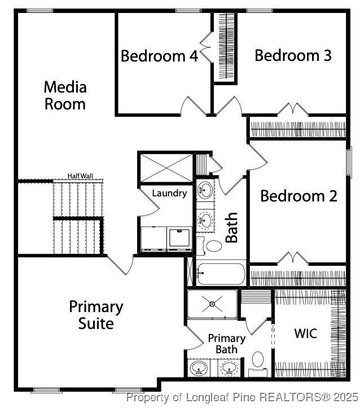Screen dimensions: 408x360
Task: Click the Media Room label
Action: pyautogui.click(x=65, y=95)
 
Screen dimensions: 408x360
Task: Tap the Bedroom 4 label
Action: pyautogui.click(x=159, y=56)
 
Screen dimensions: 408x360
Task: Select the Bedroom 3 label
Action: pyautogui.click(x=292, y=55)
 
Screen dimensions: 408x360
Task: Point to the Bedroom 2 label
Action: pyautogui.click(x=298, y=196)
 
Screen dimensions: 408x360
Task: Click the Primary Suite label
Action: pyautogui.click(x=96, y=315)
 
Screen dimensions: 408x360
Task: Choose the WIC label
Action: pyautogui.click(x=305, y=333)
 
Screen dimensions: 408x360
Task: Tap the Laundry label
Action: pyautogui.click(x=169, y=194)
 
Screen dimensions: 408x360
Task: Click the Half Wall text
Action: pyautogui.click(x=80, y=176)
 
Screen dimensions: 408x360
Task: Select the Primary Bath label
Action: pyautogui.click(x=226, y=344)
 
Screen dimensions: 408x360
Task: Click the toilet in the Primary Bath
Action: pyautogui.click(x=258, y=359)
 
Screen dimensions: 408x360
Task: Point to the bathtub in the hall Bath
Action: pyautogui.click(x=221, y=274)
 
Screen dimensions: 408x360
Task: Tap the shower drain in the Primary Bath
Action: pyautogui.click(x=212, y=304)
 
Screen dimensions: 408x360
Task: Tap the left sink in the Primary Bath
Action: pyautogui.click(x=197, y=369)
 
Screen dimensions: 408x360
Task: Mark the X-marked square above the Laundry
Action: pyautogui.click(x=166, y=166)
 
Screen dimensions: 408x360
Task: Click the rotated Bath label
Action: pyautogui.click(x=231, y=227)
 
